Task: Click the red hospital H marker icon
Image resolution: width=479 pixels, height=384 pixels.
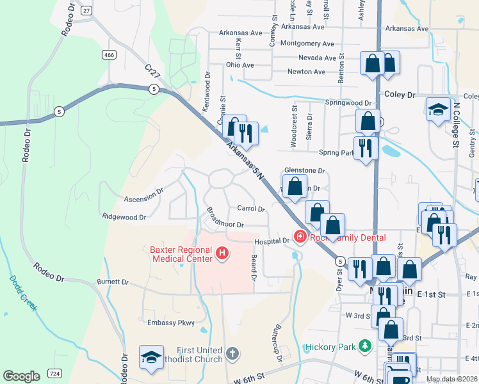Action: pos(222,254)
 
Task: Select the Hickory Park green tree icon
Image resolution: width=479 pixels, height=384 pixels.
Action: pos(365,346)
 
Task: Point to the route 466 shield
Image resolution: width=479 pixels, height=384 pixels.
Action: pos(110,56)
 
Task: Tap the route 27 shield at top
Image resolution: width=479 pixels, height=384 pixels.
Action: pos(86,10)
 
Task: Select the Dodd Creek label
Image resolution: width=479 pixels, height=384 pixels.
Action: pos(23,294)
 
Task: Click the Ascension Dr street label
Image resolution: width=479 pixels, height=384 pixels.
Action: pos(143,195)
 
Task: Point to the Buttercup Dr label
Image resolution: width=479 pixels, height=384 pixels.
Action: pos(278,345)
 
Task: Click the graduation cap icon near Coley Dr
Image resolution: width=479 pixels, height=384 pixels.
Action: pos(439,108)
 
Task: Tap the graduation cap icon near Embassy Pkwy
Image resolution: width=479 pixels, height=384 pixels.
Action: pos(151,358)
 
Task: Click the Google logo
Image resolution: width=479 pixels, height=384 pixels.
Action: pos(22,376)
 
